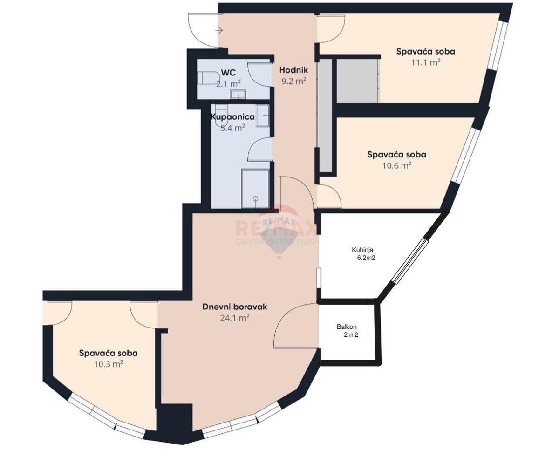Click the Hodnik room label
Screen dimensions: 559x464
point(293,70)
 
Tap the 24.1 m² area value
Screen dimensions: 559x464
point(235,318)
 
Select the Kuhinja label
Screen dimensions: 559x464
point(362,250)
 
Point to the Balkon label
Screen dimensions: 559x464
point(347,327)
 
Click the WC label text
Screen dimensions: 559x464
point(228,72)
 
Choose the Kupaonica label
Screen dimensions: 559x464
point(232,117)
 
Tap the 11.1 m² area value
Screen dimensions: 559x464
point(426,62)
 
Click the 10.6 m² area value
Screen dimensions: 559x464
point(397,165)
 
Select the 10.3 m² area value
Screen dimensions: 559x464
point(109,364)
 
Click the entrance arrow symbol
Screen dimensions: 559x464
point(219,31)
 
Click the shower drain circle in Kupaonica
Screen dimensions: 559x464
point(255,198)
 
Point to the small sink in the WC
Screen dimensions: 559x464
point(238,95)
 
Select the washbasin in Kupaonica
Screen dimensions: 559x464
point(263,116)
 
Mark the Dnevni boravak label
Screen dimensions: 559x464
point(234,307)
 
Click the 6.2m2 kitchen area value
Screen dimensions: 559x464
point(366,258)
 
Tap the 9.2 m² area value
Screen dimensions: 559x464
point(293,81)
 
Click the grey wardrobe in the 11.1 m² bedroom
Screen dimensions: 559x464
point(357,81)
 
